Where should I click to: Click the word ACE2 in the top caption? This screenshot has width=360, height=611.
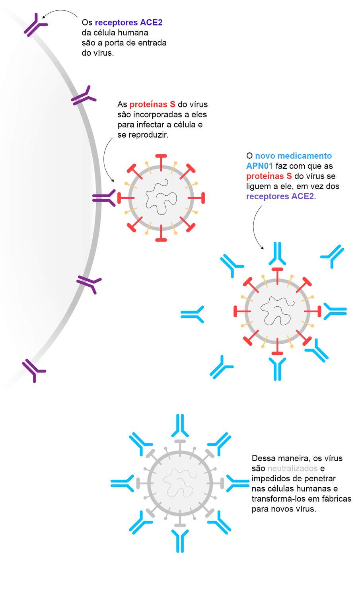pos(151,22)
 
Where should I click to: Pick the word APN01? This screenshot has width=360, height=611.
pos(259,166)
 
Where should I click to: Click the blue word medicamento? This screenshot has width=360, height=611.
pos(304,156)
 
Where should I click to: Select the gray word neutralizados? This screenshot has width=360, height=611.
pos(292,468)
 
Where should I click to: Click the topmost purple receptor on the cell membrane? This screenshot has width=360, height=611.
pos(35,25)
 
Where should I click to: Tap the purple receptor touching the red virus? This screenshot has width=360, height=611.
pos(104,198)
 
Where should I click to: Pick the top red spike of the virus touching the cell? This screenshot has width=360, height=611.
pos(161,163)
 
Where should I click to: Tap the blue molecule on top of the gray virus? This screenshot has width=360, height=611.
pos(180,426)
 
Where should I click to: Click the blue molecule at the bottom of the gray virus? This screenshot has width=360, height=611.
pos(180,541)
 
